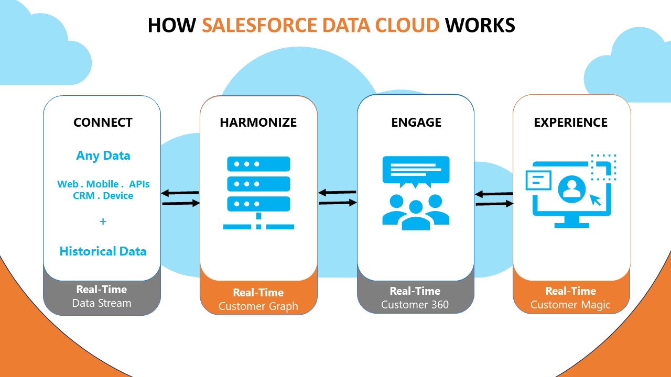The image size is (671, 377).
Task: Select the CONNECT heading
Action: click(103, 123)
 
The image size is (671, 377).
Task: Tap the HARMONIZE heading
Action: click(258, 123)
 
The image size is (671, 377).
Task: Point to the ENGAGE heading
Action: click(416, 123)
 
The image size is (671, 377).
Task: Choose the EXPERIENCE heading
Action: click(570, 123)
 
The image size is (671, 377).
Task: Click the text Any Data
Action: click(103, 156)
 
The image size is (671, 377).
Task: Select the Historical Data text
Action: click(103, 251)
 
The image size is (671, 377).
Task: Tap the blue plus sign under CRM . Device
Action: click(103, 221)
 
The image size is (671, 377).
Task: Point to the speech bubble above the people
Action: click(416, 170)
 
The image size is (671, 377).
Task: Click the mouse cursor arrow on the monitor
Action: click(595, 199)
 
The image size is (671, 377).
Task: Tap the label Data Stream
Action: click(102, 303)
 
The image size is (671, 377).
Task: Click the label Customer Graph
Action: click(258, 306)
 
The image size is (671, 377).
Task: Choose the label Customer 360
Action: click(415, 305)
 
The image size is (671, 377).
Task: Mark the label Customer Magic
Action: click(570, 305)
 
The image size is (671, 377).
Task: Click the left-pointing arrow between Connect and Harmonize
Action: click(180, 193)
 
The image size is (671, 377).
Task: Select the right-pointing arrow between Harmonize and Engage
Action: click(338, 203)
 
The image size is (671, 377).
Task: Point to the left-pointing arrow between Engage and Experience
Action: click(494, 194)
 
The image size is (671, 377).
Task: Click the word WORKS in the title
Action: click(480, 25)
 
